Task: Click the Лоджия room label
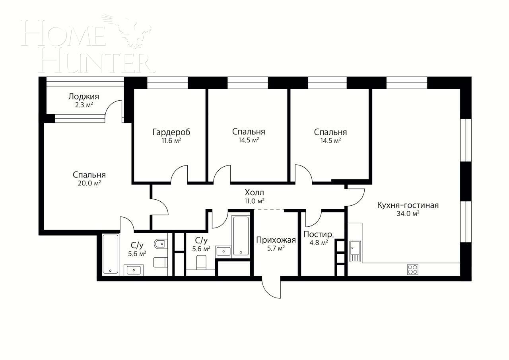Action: (x=84, y=97)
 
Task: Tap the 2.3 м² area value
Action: (x=84, y=105)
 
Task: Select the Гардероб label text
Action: (x=171, y=132)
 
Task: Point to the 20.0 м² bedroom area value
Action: (x=89, y=183)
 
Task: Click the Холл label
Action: (x=254, y=193)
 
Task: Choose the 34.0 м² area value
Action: (x=408, y=214)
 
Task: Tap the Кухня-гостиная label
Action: (x=408, y=205)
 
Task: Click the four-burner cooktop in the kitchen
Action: (x=412, y=269)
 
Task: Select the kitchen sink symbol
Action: (x=355, y=251)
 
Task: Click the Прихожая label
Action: (x=276, y=240)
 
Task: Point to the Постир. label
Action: (x=319, y=234)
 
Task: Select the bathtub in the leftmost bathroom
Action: (x=111, y=254)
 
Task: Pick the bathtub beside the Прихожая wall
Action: (x=241, y=235)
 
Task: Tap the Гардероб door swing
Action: (x=179, y=174)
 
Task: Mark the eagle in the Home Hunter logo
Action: (x=129, y=30)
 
